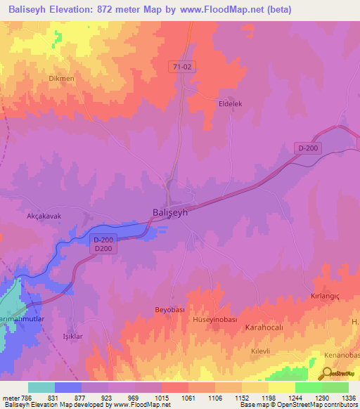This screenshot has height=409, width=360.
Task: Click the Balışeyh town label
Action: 169,212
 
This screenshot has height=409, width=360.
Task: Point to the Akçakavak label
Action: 44,216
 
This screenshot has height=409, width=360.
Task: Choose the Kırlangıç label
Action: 325,297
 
